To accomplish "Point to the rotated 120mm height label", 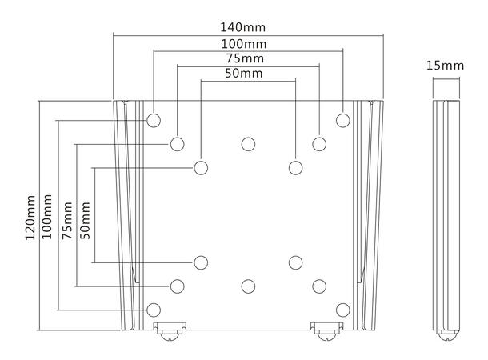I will tap(30, 218).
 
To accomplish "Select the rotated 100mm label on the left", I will tap(48, 218).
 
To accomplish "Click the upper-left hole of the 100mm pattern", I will tap(154, 120).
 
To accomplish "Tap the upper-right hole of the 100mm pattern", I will tap(342, 120).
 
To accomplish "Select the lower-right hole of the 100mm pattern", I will tap(342, 309).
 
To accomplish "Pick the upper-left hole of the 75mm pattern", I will tap(177, 144).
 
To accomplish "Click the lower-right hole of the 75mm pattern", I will tap(319, 286).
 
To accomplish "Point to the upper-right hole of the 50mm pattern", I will tap(295, 167).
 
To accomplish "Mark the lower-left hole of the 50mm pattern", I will tap(201, 262).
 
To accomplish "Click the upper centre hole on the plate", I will tap(248, 144).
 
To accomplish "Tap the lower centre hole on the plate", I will tap(248, 286).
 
